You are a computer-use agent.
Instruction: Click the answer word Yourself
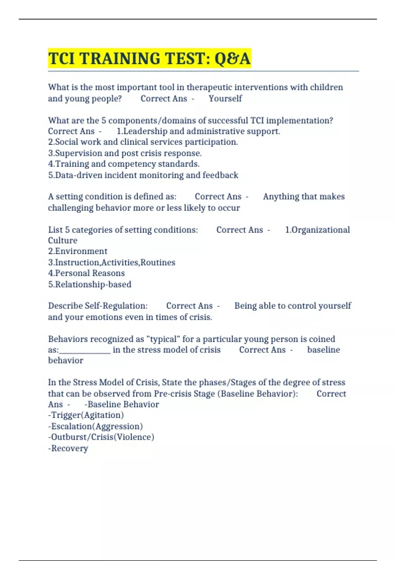pos(225,98)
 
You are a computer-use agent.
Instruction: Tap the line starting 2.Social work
pos(143,142)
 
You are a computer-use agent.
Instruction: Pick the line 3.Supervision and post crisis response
pos(125,153)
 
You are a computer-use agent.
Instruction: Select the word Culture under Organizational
pos(63,241)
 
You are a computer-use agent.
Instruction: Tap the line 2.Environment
pos(78,251)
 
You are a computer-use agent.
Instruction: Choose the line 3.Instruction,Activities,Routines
pos(112,262)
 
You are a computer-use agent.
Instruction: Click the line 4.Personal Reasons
pos(86,273)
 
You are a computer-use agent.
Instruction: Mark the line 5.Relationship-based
pos(89,284)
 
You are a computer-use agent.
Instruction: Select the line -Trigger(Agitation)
pos(86,415)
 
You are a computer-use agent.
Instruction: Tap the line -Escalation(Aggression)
pos(95,426)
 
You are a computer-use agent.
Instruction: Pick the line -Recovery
pos(68,448)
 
